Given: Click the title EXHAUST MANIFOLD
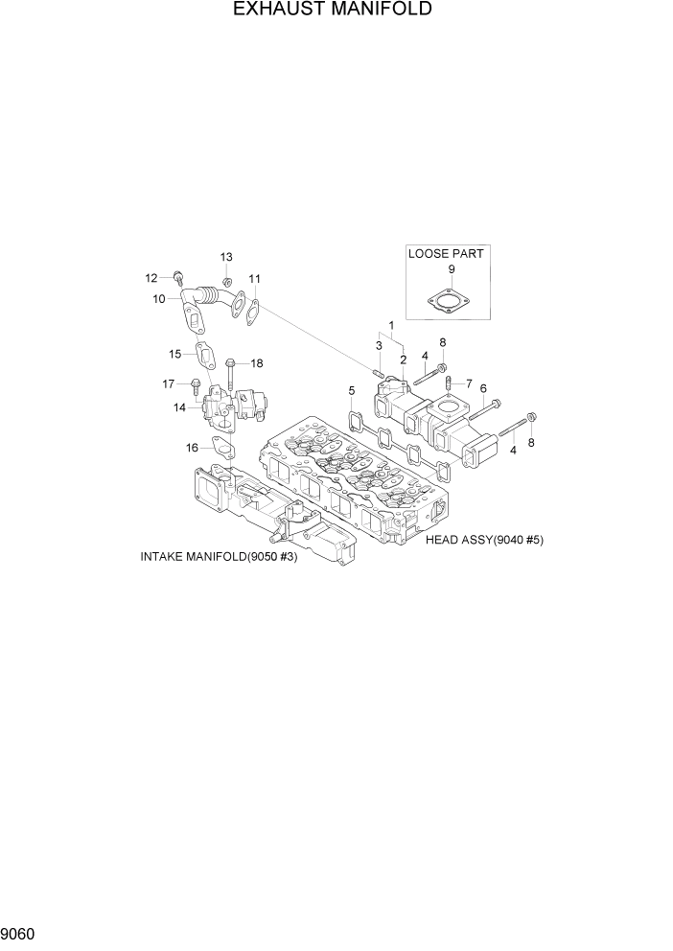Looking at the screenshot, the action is (x=332, y=10).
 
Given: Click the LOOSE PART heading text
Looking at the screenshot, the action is (x=446, y=254).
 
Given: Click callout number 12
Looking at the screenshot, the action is (x=151, y=278).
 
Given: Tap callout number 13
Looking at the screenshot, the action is (x=226, y=257).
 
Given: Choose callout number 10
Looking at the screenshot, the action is (x=159, y=299).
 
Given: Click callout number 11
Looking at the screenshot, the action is (x=254, y=279).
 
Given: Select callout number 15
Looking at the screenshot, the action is (x=175, y=354).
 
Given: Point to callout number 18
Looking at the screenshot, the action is (x=257, y=363).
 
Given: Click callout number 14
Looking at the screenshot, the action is (x=179, y=407).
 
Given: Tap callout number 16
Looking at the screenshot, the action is (x=192, y=447).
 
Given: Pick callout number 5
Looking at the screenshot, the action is (x=352, y=390).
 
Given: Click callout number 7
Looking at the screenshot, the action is (x=469, y=383).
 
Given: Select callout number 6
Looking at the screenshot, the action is (x=483, y=388).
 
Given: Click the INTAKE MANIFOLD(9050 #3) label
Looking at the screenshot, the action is (x=219, y=557).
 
